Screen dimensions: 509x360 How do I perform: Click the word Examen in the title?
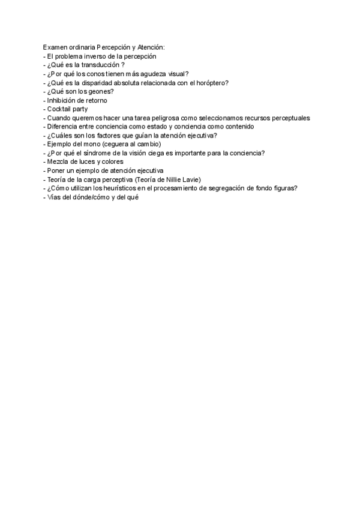tap(56, 47)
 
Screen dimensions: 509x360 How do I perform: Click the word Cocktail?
tap(59, 109)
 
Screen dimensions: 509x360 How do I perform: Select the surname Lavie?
tap(191, 179)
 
